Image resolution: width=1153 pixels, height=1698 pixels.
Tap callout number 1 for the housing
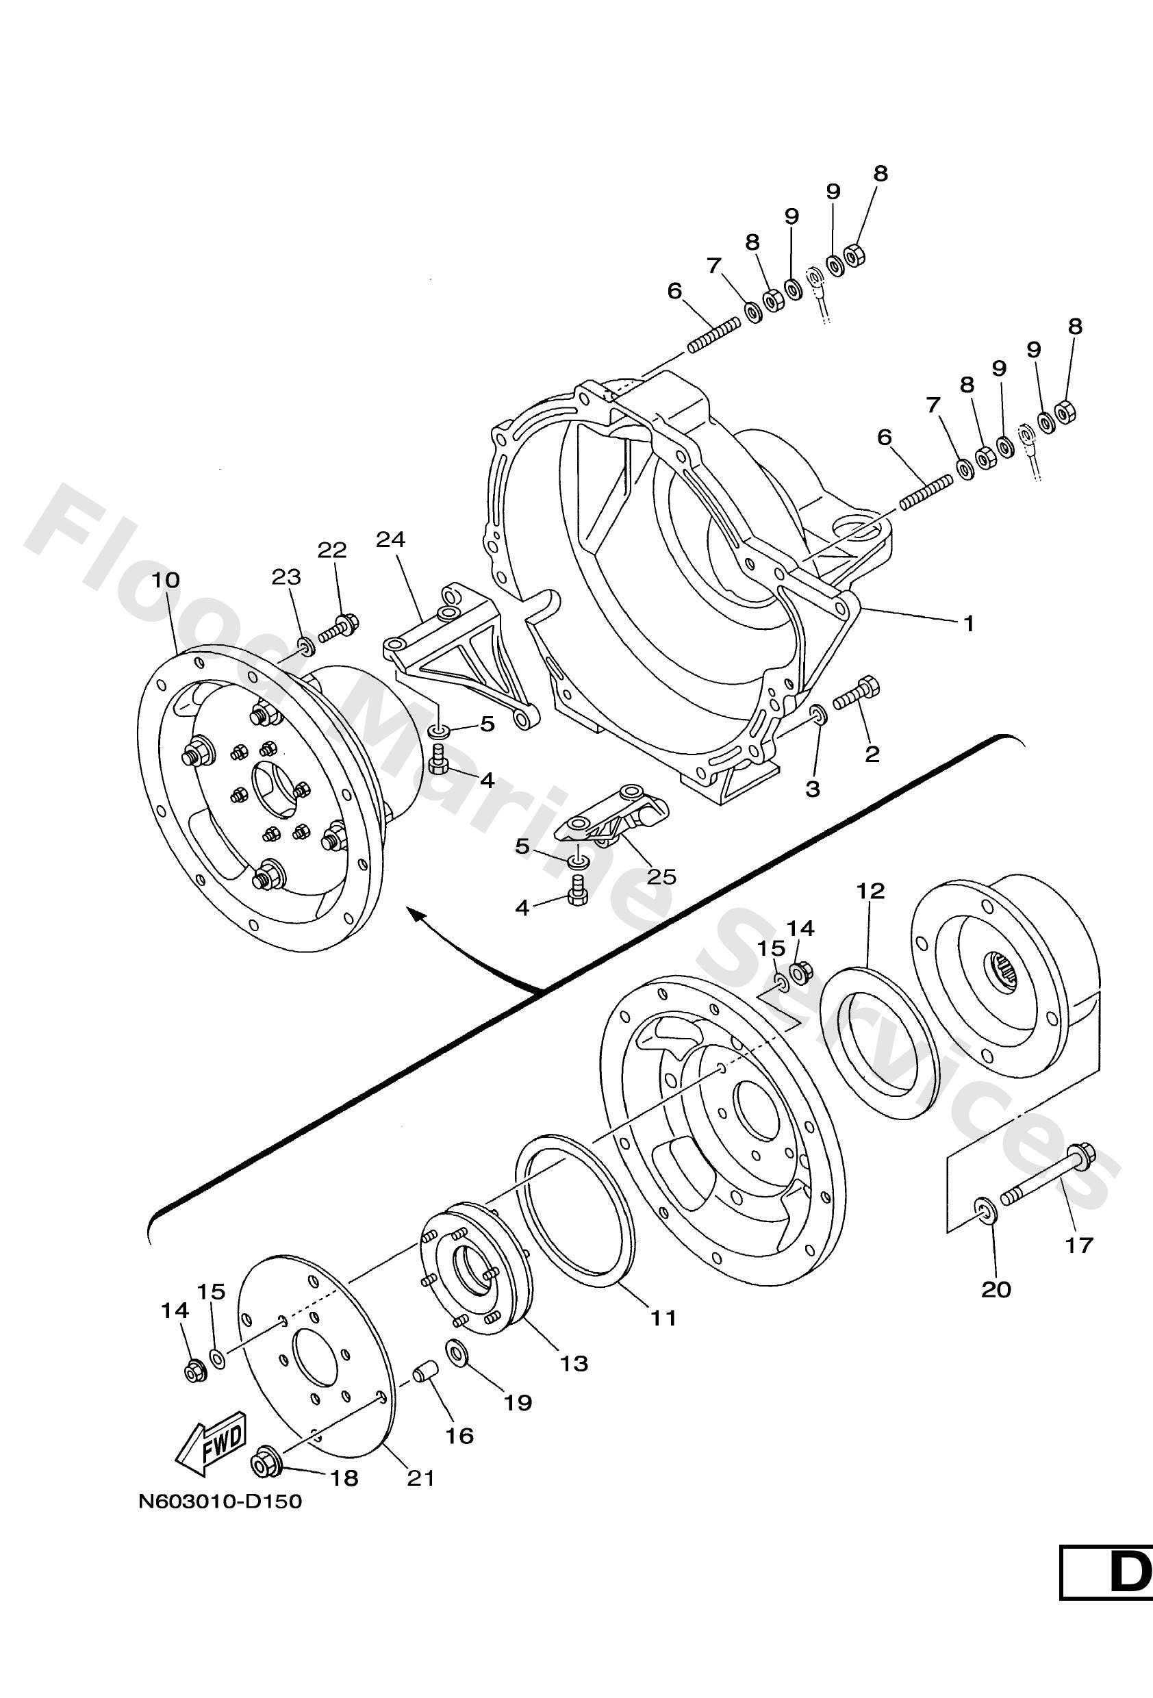pyautogui.click(x=969, y=624)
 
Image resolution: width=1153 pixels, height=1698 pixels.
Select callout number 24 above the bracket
pyautogui.click(x=390, y=540)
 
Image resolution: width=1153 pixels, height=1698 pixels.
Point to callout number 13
pyautogui.click(x=574, y=1363)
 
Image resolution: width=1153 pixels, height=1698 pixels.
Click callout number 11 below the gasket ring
pyautogui.click(x=663, y=1318)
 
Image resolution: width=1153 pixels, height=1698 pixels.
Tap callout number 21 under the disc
pyautogui.click(x=420, y=1478)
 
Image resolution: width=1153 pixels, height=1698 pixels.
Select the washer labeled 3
pyautogui.click(x=819, y=713)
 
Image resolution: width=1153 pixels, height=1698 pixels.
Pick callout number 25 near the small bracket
pyautogui.click(x=661, y=875)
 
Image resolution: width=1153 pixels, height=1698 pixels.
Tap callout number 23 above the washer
pyautogui.click(x=286, y=577)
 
